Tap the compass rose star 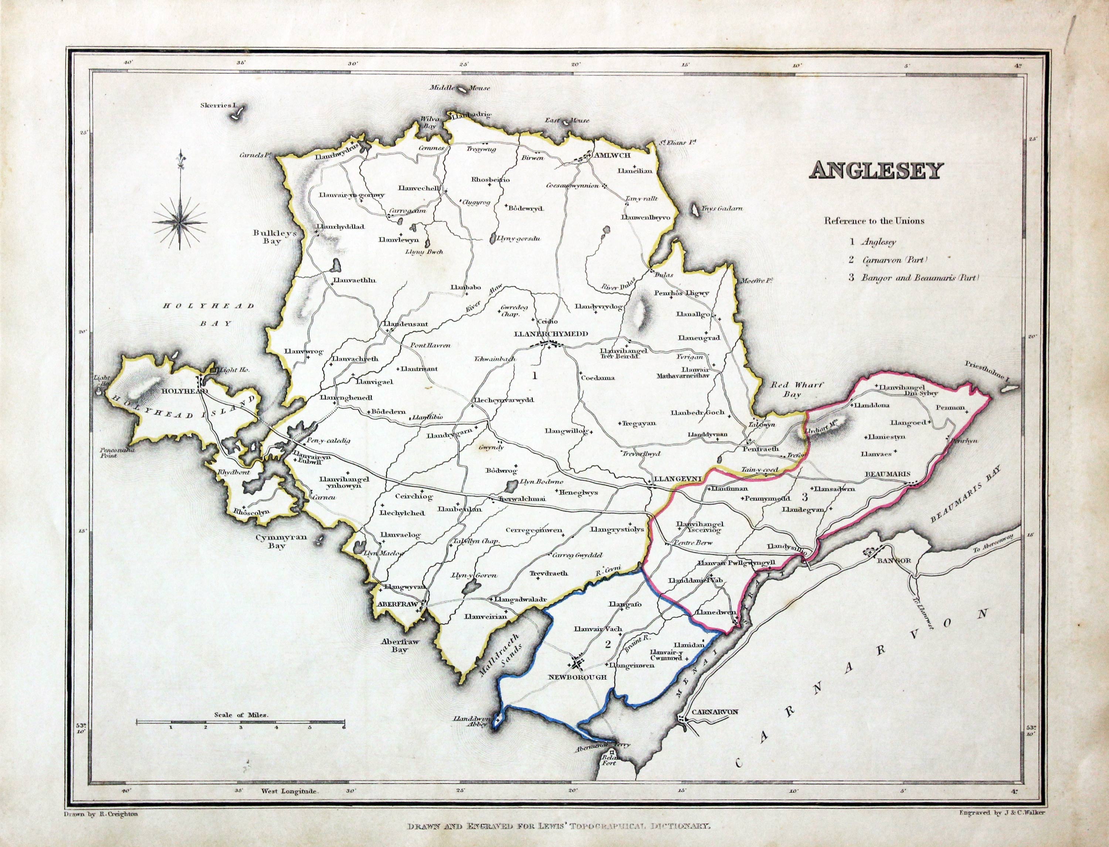point(180,220)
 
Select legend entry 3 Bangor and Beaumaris point(913,277)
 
